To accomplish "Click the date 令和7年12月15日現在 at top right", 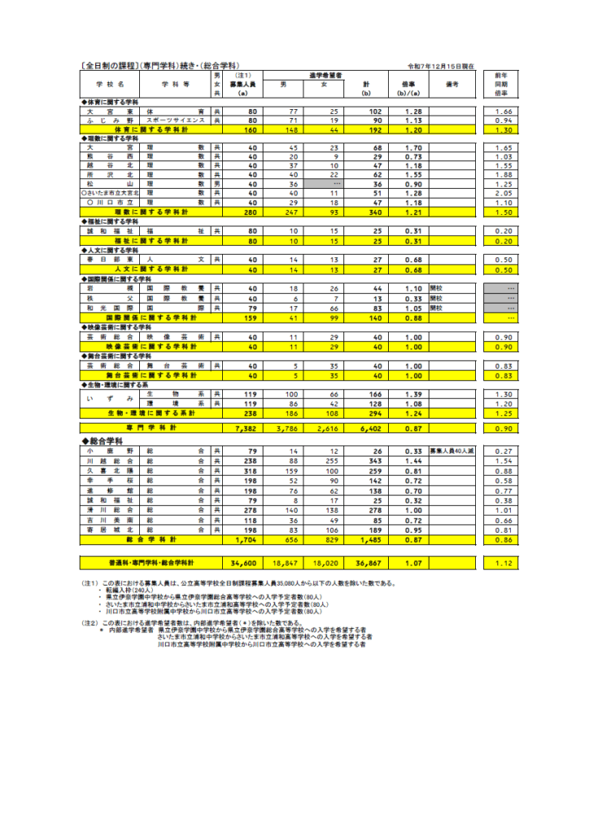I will coord(441,66).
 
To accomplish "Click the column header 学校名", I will coord(109,84).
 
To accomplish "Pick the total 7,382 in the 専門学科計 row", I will coord(243,427).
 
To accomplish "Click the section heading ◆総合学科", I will coord(111,441).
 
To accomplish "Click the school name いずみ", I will coord(109,398).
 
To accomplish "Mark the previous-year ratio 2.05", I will coord(502,193).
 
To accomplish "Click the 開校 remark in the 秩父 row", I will coord(436,298).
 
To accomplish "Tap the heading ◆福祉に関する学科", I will coord(111,221).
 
